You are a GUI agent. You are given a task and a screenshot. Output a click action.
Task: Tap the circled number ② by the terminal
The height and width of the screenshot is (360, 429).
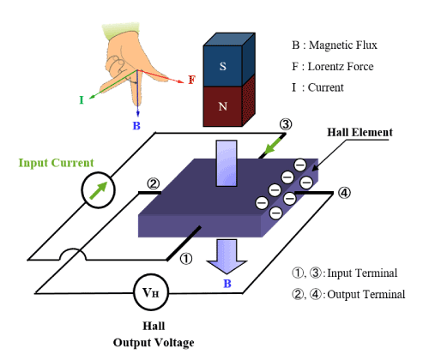pyautogui.click(x=153, y=183)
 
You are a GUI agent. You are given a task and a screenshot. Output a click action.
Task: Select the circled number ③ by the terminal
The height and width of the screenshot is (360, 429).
pyautogui.click(x=286, y=124)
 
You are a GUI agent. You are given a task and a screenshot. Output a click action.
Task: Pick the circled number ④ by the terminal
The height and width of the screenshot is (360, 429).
pyautogui.click(x=345, y=193)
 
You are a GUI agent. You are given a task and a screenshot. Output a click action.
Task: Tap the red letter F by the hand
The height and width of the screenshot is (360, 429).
pyautogui.click(x=192, y=80)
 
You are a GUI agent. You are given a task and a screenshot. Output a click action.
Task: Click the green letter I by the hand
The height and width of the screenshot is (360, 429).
pyautogui.click(x=82, y=100)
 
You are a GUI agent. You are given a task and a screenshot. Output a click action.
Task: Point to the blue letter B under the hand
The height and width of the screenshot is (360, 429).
pyautogui.click(x=136, y=125)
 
